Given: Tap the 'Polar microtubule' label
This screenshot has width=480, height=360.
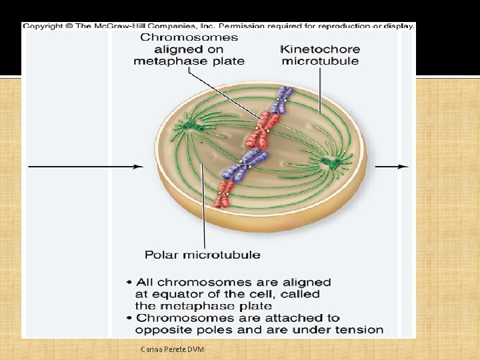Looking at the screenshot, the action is [203, 254].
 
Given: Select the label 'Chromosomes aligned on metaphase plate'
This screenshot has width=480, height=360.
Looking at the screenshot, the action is [189, 49].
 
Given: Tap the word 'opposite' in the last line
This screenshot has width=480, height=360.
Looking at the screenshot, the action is [161, 329].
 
